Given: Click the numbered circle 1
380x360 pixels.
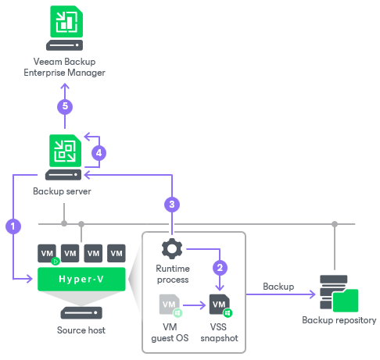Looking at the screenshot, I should click(12, 226).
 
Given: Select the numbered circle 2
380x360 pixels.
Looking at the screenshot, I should click(220, 267).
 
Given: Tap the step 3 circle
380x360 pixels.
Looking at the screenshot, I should click(171, 205).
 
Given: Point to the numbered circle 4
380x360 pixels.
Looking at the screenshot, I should click(99, 153).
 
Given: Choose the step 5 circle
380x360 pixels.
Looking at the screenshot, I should click(64, 107).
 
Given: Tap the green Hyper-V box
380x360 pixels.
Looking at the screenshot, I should click(82, 276).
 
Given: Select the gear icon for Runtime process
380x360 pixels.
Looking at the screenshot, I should click(171, 249).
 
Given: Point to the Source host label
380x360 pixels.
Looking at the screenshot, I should click(82, 330).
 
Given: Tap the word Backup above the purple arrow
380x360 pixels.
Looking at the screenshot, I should click(278, 287).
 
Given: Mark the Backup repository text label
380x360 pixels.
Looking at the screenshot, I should click(339, 320).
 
